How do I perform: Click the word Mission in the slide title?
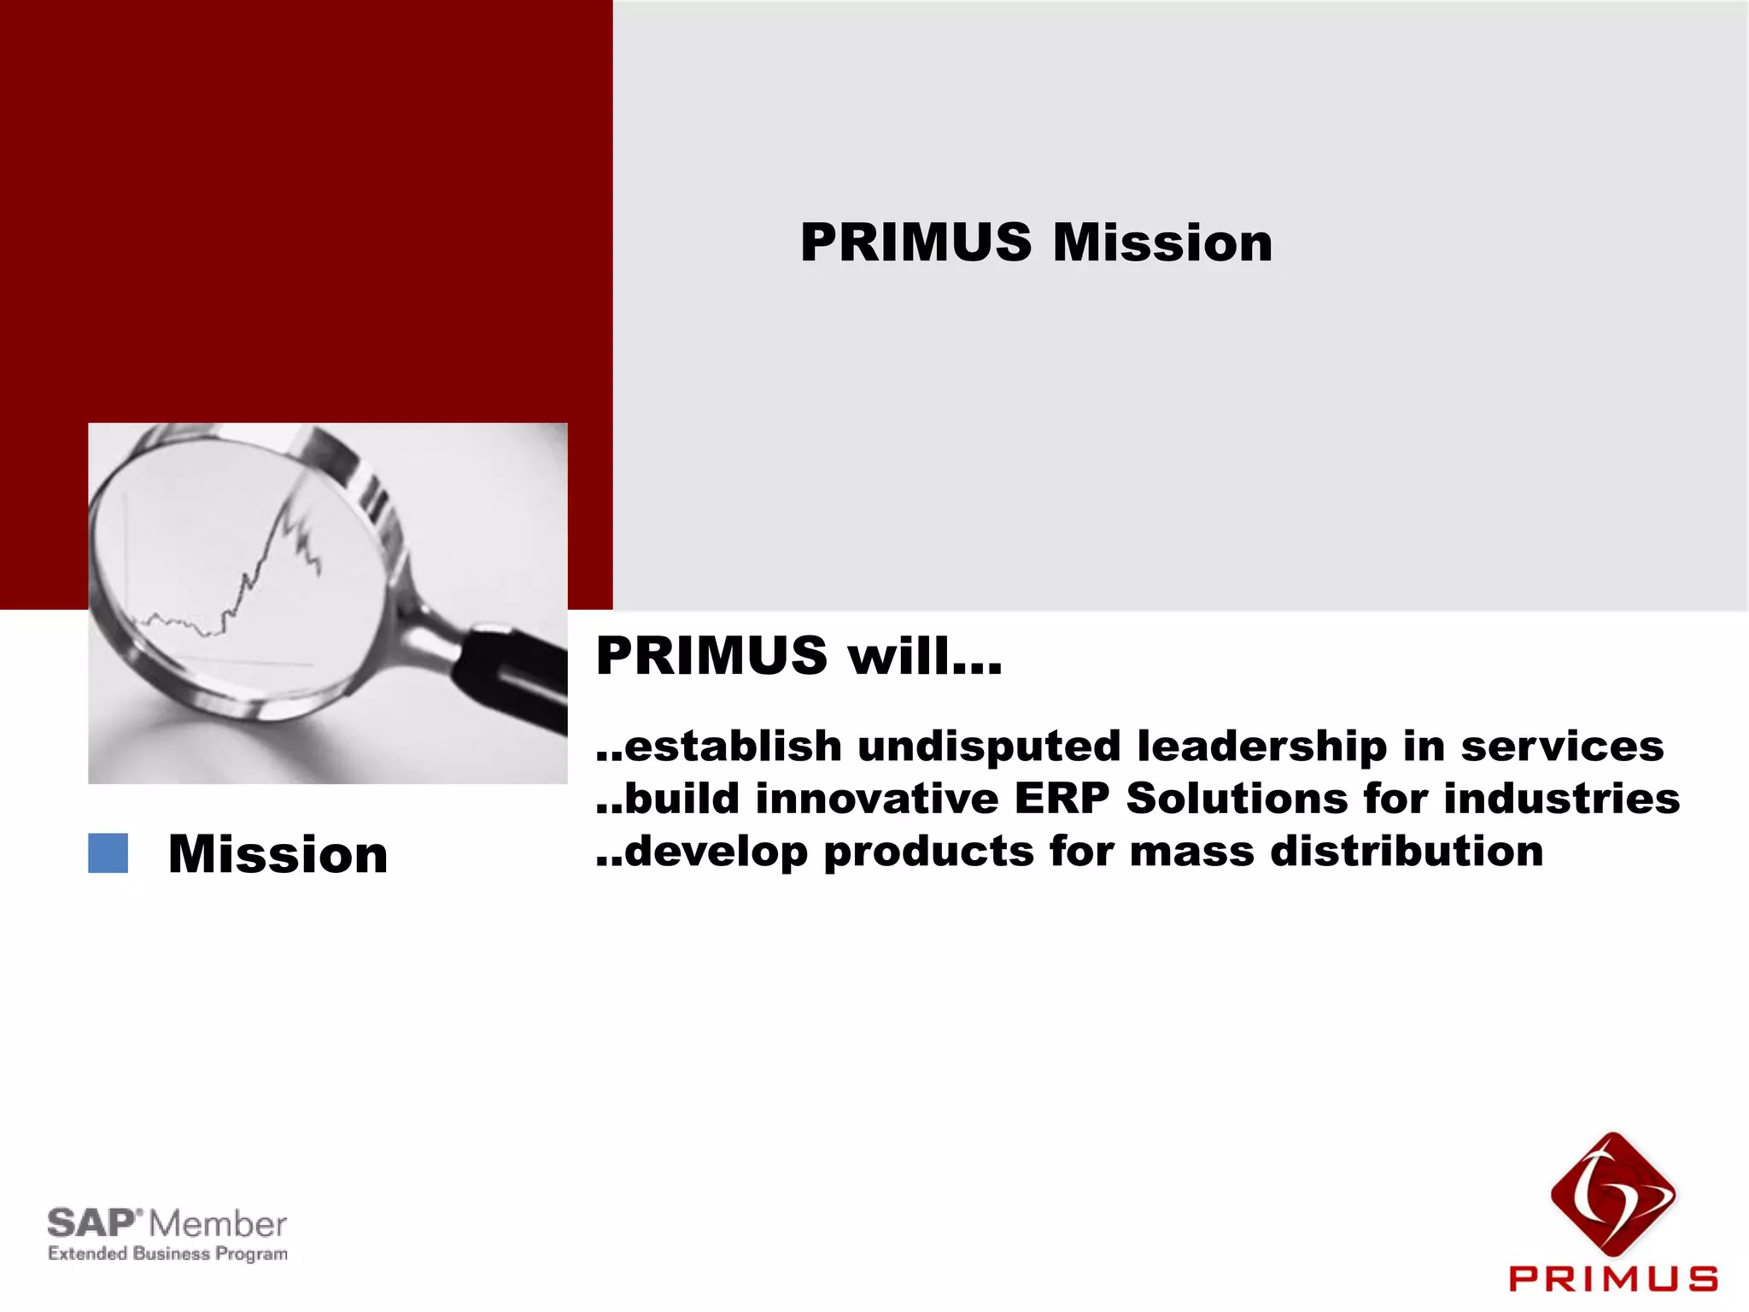[1162, 243]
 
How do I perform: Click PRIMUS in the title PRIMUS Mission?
[915, 243]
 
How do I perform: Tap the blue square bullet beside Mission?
[108, 853]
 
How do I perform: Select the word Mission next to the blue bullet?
[278, 854]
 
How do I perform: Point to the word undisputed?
[988, 747]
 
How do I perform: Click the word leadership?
[1261, 747]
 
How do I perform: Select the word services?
[1562, 747]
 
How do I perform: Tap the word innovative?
[877, 799]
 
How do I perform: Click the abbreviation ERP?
[1062, 799]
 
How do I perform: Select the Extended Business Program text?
[167, 1254]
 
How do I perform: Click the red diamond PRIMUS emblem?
[1613, 1193]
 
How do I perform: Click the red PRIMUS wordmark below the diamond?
[1613, 1279]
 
